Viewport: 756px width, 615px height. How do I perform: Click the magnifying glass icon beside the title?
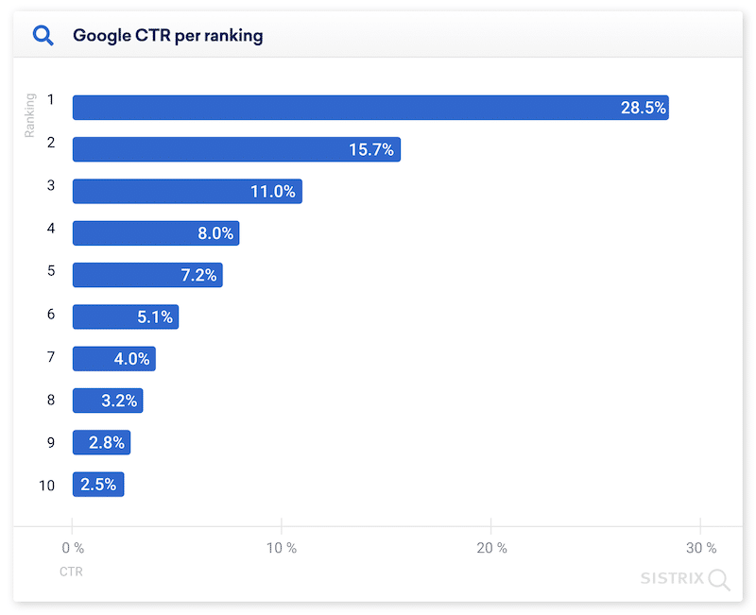tap(43, 36)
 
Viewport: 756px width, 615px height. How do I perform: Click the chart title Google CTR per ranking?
tap(167, 36)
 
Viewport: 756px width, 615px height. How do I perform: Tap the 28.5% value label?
tap(643, 108)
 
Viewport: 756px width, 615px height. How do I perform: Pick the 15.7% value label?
tap(370, 149)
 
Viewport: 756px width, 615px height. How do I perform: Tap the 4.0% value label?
tap(131, 359)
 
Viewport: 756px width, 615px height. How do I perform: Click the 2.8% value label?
tap(107, 442)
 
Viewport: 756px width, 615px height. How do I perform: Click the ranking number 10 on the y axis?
tap(46, 486)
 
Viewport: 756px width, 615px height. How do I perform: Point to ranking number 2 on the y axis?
tap(51, 142)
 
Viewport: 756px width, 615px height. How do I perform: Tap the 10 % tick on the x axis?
tap(282, 548)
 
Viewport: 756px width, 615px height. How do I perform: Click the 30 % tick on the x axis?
tap(700, 548)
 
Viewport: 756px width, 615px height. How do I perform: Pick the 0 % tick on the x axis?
tap(73, 548)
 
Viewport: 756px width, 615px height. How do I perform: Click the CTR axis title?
tap(71, 572)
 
